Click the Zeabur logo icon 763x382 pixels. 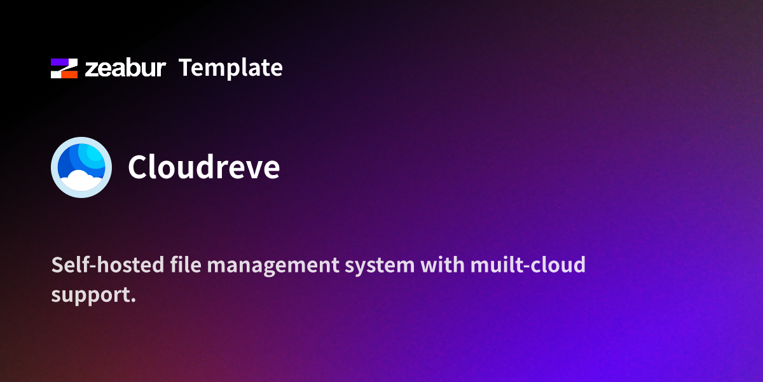[x=64, y=68]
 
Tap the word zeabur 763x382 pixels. [x=125, y=68]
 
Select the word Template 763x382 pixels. [x=230, y=67]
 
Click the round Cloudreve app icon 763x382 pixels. [x=81, y=167]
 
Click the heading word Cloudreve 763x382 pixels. [x=203, y=167]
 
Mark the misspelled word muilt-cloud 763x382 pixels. [x=528, y=265]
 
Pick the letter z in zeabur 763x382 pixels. [x=92, y=69]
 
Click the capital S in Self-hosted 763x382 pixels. [x=57, y=265]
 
